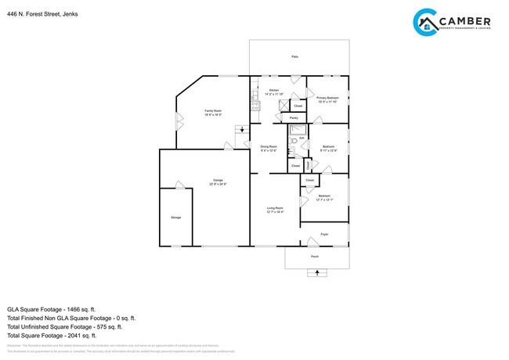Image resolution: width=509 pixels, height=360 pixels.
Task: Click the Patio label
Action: (294, 56)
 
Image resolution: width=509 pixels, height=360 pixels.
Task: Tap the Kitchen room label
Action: (274, 92)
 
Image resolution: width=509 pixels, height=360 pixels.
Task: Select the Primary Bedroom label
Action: (327, 99)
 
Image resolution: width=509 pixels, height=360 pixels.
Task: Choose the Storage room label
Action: (176, 217)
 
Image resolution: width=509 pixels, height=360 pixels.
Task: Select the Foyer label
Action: (324, 234)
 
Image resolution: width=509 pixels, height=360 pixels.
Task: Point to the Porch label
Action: (315, 256)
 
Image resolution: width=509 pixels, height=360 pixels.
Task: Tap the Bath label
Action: (301, 138)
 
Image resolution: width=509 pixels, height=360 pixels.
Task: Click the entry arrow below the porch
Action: (316, 272)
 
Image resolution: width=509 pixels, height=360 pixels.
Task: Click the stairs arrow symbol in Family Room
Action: (242, 129)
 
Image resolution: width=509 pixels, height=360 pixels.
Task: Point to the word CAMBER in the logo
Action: (464, 20)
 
